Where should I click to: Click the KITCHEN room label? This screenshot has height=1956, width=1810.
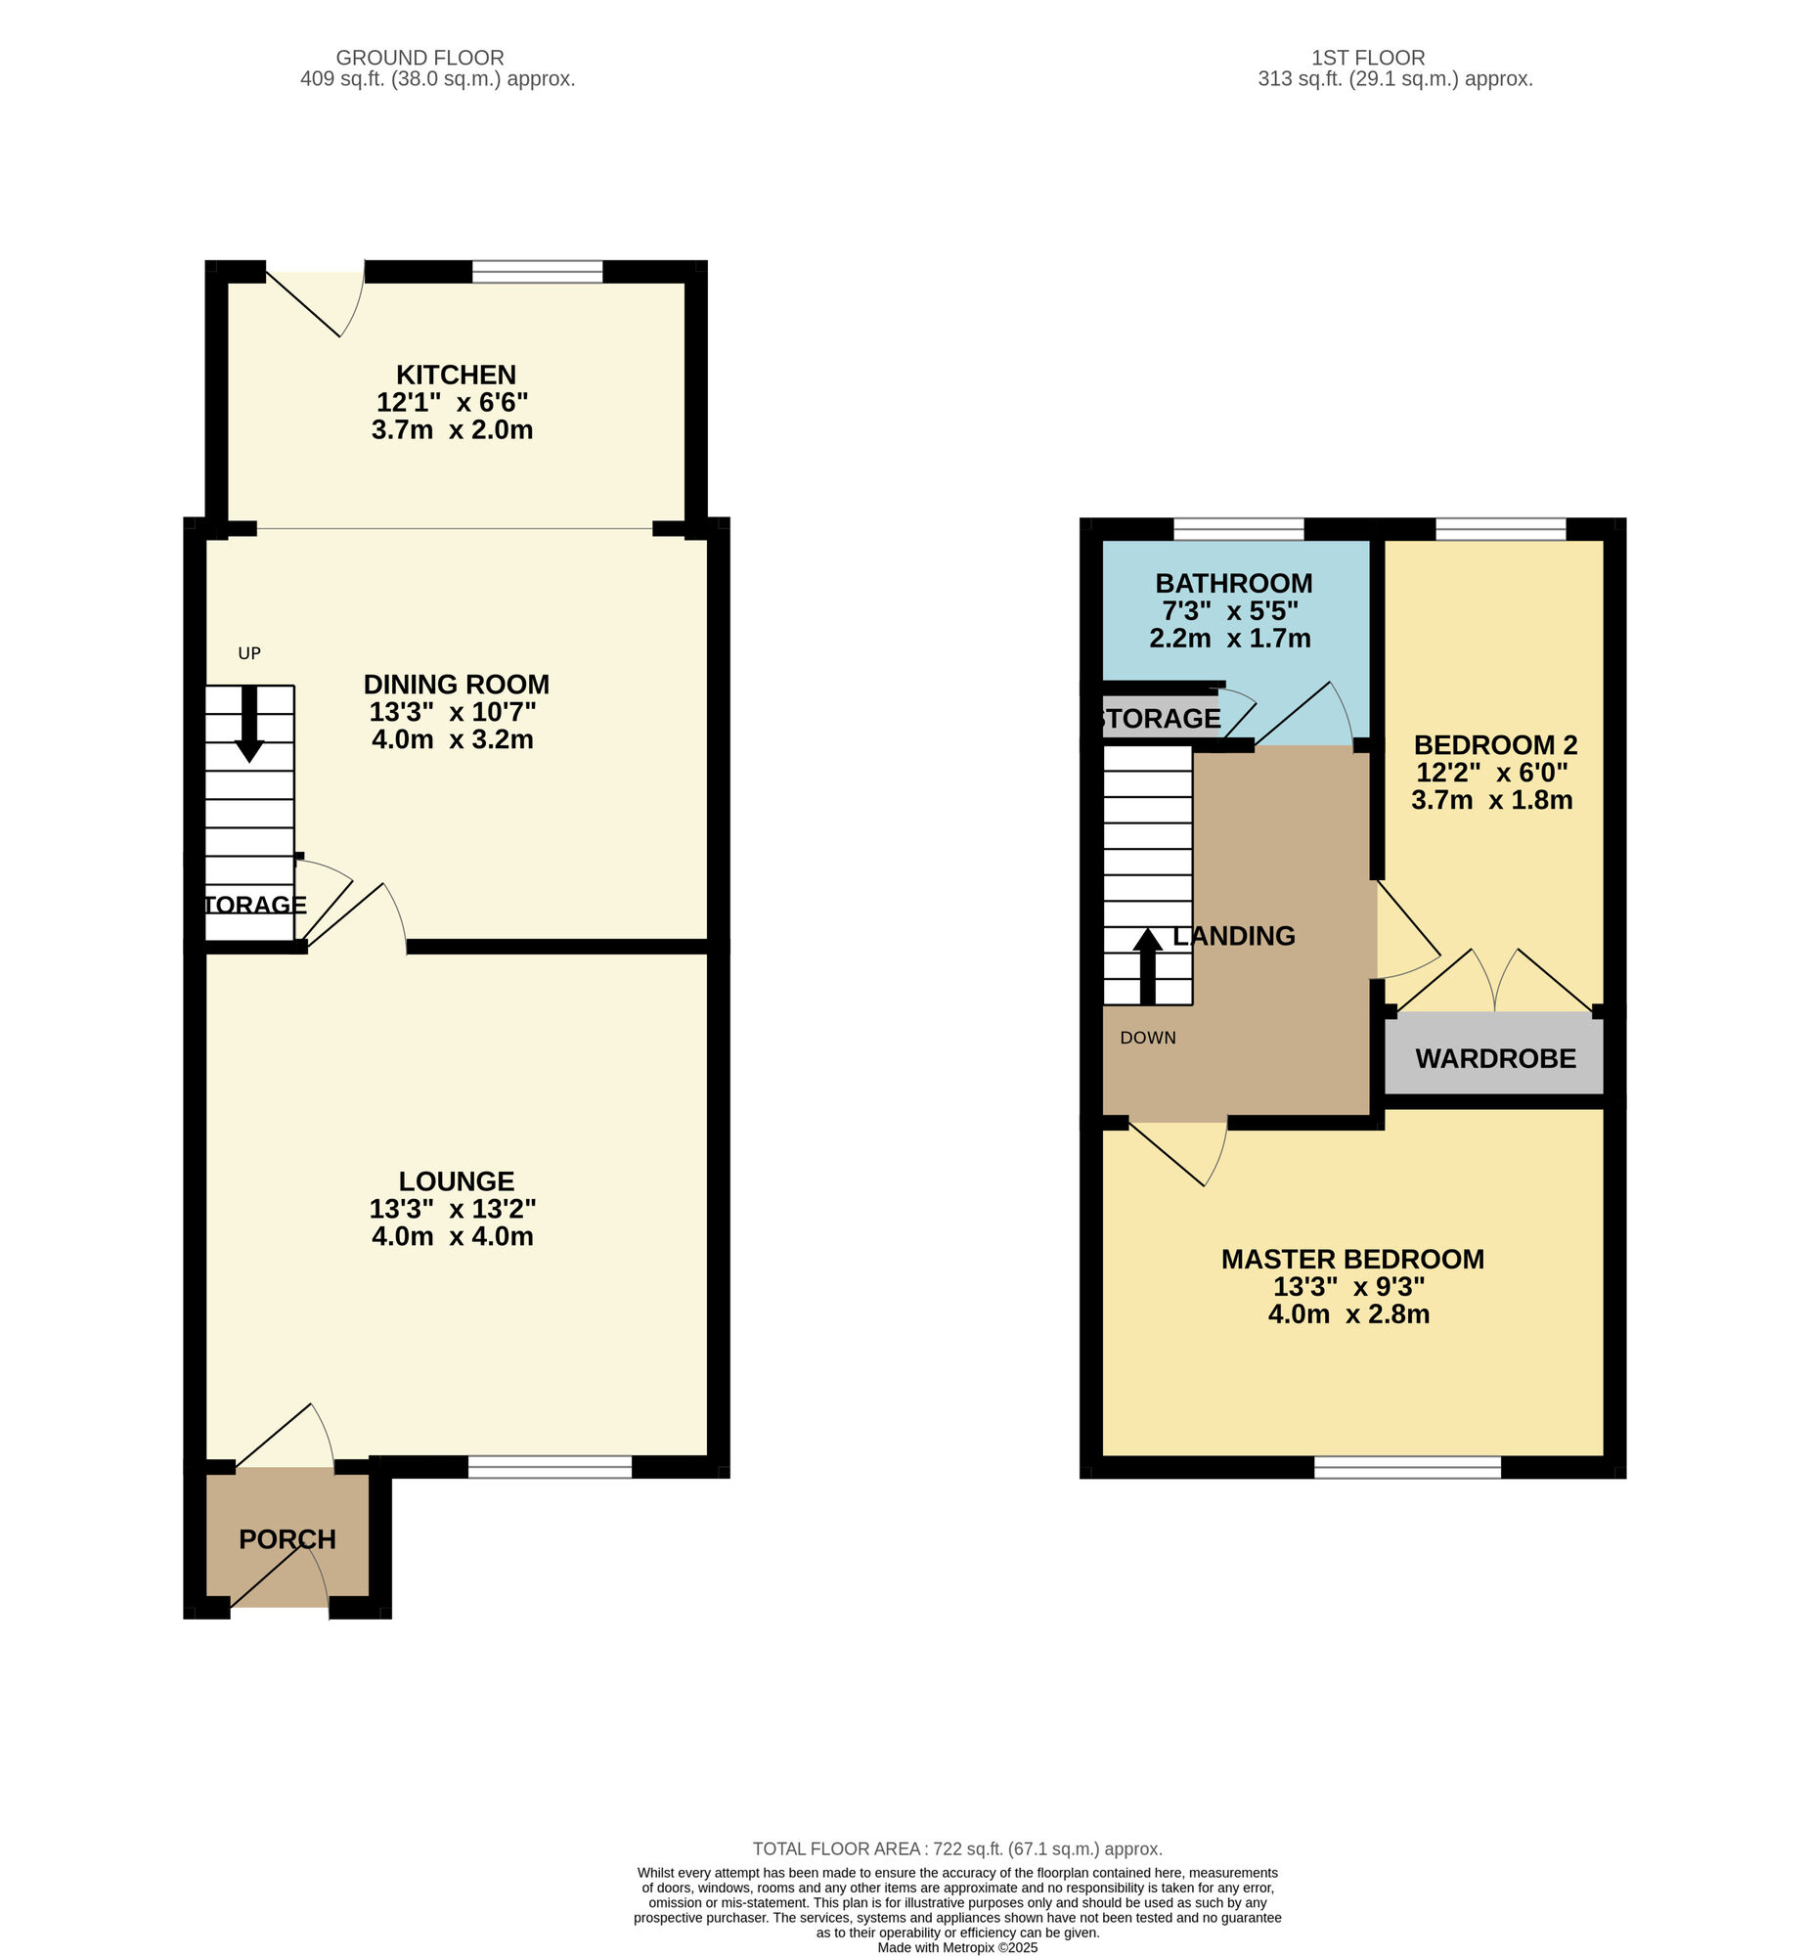(456, 376)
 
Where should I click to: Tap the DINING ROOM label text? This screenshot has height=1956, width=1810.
(457, 685)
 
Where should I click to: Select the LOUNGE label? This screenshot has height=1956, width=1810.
(457, 1181)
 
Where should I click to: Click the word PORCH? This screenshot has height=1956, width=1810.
(287, 1539)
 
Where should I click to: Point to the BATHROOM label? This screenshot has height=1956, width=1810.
(1234, 584)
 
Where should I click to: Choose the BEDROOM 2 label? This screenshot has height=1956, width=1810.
(1495, 745)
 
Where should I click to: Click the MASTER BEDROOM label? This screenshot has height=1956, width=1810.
(1352, 1260)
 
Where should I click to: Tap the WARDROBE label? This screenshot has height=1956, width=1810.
(1495, 1059)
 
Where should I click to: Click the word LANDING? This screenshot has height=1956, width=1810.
(1234, 936)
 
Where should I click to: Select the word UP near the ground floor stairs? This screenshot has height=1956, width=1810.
(249, 653)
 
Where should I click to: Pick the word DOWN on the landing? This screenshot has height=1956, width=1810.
(1148, 1038)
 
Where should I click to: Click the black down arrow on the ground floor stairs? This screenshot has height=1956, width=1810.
(249, 724)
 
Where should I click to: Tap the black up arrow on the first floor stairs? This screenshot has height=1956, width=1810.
(1148, 965)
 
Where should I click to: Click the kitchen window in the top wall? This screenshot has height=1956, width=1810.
(537, 271)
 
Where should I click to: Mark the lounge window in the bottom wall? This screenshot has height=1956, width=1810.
(551, 1466)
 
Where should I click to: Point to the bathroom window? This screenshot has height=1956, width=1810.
(1239, 529)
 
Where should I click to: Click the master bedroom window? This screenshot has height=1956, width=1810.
(1407, 1466)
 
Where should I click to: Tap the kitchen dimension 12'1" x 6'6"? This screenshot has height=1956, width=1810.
(453, 403)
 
